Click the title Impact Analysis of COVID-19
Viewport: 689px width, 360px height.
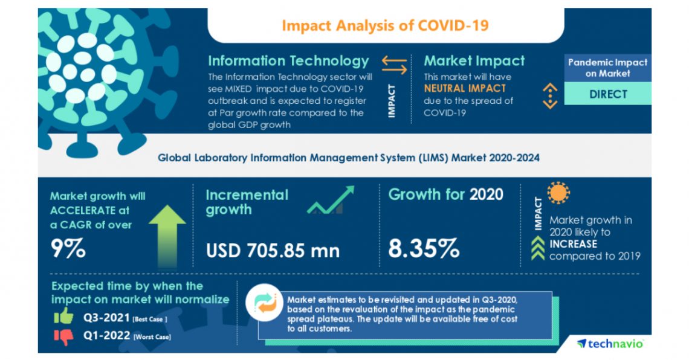385,25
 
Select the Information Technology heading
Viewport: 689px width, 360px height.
288,61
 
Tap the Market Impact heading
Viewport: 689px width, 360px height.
474,61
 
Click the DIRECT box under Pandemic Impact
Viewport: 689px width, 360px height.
607,94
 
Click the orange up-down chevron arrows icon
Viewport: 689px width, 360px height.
549,95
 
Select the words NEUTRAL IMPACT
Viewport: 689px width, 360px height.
456,89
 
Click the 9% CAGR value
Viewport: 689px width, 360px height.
68,248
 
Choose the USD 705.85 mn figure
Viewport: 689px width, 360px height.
273,249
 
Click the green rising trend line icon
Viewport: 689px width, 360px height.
330,201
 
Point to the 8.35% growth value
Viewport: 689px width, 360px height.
423,248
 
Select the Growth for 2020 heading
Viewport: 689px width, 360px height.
445,194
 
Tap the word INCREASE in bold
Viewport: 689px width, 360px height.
573,244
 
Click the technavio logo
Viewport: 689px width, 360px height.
610,343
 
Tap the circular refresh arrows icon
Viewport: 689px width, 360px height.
264,303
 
